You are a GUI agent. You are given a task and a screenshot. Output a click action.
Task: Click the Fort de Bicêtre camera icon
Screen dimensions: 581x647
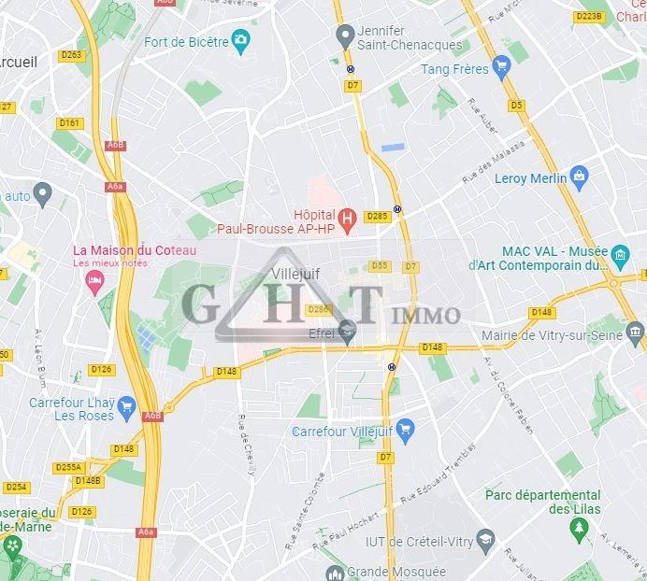click(242, 40)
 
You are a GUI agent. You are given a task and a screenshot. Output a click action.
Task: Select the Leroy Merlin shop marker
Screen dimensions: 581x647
click(580, 175)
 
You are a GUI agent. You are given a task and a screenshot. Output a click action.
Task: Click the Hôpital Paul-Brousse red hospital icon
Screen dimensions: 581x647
click(347, 220)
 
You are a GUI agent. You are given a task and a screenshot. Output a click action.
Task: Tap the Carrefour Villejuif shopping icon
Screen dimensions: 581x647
click(405, 431)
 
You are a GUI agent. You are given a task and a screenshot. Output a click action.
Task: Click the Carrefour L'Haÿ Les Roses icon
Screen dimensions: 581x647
click(125, 408)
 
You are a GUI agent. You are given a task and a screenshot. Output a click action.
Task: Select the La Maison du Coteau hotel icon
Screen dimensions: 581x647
click(93, 280)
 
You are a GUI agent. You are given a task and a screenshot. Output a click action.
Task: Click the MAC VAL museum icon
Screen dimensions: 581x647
click(619, 253)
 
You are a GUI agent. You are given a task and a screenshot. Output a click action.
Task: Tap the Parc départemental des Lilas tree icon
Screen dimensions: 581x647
click(581, 529)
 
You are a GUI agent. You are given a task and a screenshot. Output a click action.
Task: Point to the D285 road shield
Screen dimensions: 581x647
click(377, 216)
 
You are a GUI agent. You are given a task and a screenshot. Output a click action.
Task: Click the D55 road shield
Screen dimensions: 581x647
click(379, 265)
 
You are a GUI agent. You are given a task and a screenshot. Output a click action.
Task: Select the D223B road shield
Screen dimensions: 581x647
click(588, 16)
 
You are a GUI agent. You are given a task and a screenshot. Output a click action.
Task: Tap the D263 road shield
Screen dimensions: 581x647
click(71, 55)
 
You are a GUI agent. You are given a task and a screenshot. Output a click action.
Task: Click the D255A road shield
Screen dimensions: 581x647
click(68, 467)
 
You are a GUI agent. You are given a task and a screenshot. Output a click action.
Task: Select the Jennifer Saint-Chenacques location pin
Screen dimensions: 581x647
click(344, 35)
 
